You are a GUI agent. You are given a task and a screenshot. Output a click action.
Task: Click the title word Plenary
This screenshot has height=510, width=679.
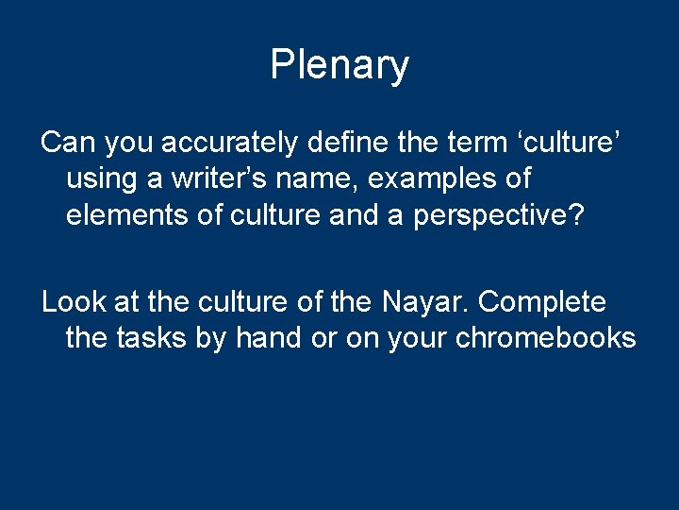coord(339,65)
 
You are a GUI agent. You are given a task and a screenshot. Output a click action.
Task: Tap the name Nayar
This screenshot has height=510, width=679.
coord(425,302)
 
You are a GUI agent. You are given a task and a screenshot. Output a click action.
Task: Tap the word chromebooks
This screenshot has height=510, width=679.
coord(545,336)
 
